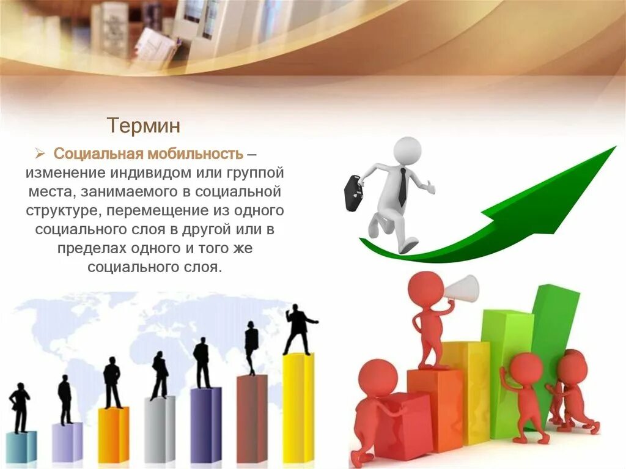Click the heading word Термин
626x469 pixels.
pyautogui.click(x=144, y=125)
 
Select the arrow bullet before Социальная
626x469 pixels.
pyautogui.click(x=40, y=153)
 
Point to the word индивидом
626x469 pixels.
pyautogui.click(x=151, y=173)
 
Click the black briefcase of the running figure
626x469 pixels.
pyautogui.click(x=354, y=193)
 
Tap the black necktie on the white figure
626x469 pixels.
pyautogui.click(x=403, y=187)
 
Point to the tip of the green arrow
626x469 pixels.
pyautogui.click(x=616, y=147)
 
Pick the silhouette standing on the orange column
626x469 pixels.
pyautogui.click(x=112, y=383)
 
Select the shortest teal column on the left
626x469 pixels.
pyautogui.click(x=21, y=446)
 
